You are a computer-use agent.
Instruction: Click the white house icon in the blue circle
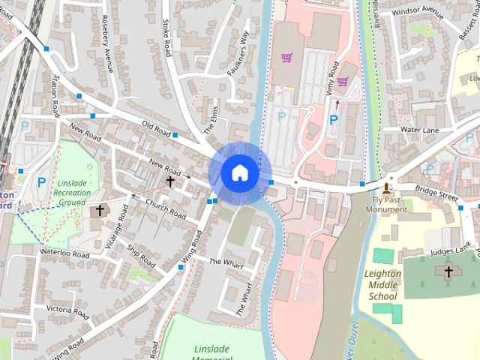pos(238,172)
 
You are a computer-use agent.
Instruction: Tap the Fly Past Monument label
pos(386,205)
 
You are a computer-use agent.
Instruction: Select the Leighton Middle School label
pos(383,285)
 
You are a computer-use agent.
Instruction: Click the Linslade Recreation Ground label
pos(72,193)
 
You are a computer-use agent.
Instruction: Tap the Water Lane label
pos(420,130)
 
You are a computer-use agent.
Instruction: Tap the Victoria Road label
pos(68,309)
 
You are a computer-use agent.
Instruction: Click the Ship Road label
pos(140,255)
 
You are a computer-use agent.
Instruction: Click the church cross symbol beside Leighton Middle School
pos(448,271)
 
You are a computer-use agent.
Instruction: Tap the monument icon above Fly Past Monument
pos(387,186)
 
